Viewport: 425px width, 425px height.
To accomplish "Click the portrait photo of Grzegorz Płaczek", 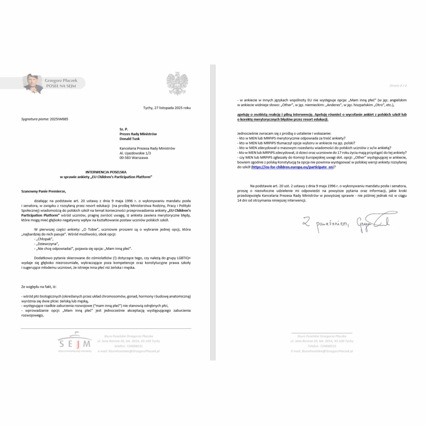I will pos(33,83).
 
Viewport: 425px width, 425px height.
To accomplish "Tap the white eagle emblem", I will pos(177,83).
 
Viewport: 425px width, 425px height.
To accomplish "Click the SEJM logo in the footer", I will pos(75,343).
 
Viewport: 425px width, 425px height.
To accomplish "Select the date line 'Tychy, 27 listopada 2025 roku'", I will pos(166,108).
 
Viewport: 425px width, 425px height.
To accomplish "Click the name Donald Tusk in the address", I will pos(130,139).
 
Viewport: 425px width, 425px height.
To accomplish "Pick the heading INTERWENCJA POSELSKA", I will pos(106,172).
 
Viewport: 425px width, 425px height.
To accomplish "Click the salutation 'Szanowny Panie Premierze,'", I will pos(44,191).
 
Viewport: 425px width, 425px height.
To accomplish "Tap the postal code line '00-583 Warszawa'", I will pos(133,158).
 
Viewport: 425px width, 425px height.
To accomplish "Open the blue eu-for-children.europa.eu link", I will pos(293,167).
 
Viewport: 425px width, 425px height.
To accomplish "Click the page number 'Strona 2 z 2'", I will pos(398,85).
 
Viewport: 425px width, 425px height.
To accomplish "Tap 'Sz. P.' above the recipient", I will pos(123,129).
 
